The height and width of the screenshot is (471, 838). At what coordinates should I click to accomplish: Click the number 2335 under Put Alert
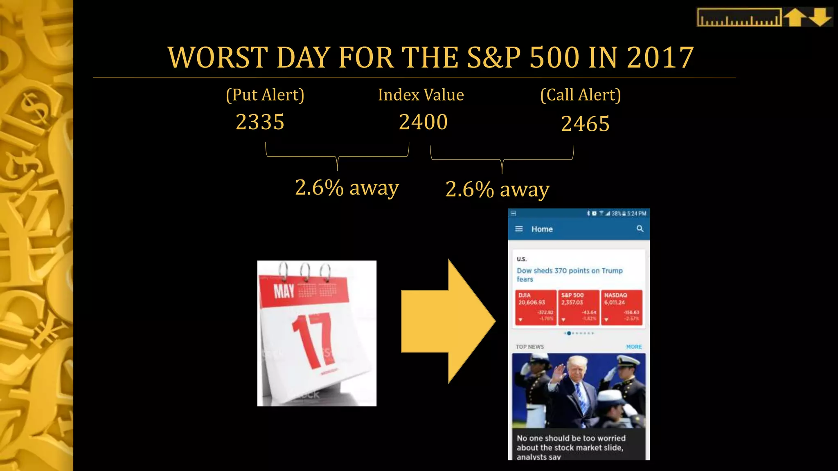click(x=260, y=122)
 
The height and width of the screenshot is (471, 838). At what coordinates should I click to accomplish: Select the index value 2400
click(x=423, y=122)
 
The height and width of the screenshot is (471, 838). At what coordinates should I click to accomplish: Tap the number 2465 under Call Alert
click(x=585, y=124)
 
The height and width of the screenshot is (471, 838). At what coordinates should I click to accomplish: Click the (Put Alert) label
click(x=265, y=95)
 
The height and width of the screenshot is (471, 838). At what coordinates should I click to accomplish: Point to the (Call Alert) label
click(x=580, y=95)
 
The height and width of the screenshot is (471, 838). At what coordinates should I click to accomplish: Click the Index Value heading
click(x=421, y=95)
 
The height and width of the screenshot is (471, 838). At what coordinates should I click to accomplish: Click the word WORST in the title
click(x=218, y=57)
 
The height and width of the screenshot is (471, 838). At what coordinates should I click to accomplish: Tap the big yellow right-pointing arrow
click(x=448, y=321)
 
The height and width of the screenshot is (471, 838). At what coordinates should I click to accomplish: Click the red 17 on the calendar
click(x=313, y=340)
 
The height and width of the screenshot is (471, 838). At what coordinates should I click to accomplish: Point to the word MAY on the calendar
click(x=284, y=292)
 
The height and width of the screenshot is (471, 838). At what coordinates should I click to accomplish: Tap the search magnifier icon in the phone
click(x=640, y=229)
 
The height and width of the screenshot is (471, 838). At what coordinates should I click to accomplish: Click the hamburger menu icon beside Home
click(x=519, y=229)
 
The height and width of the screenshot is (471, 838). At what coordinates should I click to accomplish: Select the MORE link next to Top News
click(x=634, y=347)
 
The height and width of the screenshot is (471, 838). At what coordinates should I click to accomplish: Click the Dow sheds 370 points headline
click(x=569, y=274)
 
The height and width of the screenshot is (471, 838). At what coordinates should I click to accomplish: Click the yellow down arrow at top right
click(x=821, y=18)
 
